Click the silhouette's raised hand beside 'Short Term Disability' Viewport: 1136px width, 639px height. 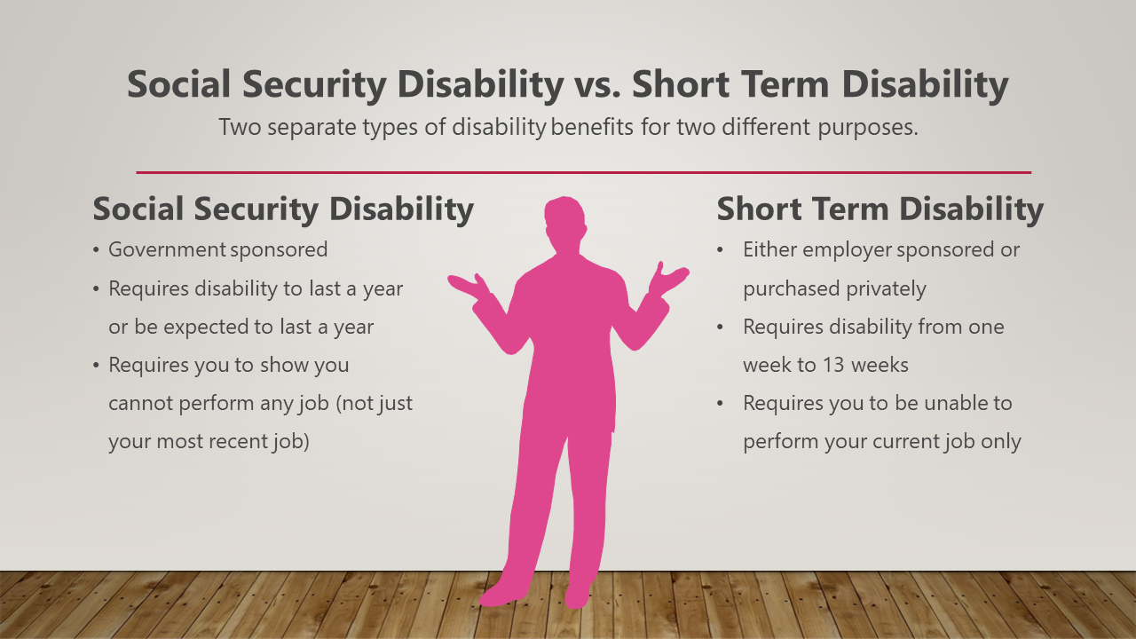tap(667, 279)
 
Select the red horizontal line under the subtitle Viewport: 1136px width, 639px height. tap(583, 172)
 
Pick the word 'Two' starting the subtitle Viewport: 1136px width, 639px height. tap(240, 127)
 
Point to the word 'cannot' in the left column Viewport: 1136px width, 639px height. tap(141, 404)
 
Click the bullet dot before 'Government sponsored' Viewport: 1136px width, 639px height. tap(96, 251)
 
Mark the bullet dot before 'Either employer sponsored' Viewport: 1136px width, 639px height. tap(722, 251)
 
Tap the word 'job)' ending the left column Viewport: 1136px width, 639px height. tap(289, 442)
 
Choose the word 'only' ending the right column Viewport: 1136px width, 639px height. tap(1001, 441)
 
